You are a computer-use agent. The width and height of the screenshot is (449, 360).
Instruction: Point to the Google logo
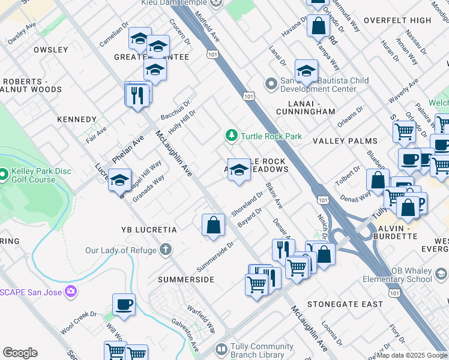[x=20, y=353]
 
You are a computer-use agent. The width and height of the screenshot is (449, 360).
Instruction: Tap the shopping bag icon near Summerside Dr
[x=212, y=226]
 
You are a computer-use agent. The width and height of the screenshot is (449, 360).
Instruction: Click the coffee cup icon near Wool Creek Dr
[x=124, y=305]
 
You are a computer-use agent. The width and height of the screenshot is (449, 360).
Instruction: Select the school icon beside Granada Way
[x=119, y=180]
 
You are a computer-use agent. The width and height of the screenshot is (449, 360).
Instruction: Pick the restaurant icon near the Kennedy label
[x=137, y=95]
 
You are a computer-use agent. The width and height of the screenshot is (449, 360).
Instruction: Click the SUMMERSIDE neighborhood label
[x=186, y=280]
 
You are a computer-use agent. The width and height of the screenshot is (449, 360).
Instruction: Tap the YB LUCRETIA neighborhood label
[x=149, y=230]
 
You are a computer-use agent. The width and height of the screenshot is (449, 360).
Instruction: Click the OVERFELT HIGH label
[x=397, y=20]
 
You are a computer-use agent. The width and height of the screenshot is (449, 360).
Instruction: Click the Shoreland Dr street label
[x=247, y=204]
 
